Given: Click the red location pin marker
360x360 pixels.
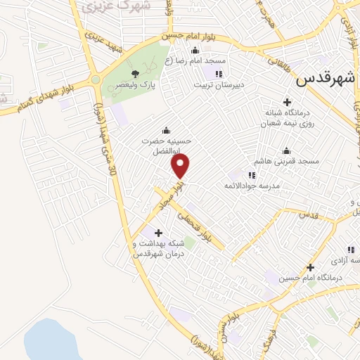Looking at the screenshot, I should click(181, 166).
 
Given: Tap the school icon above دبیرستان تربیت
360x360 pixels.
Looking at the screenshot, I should click(219, 73).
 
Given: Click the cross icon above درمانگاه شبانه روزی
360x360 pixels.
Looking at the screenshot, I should click(286, 101).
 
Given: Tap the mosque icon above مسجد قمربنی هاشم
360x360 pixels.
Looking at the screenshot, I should click(285, 150).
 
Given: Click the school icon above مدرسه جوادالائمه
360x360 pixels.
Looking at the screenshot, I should click(251, 174).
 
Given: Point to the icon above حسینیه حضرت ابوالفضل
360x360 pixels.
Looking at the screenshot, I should click(166, 129).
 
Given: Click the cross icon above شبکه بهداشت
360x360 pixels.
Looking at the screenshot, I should click(157, 232).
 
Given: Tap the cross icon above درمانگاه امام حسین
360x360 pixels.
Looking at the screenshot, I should click(310, 267).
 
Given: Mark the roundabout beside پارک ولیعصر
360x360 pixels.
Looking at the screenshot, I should click(96, 80).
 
